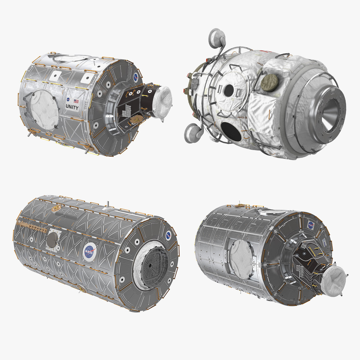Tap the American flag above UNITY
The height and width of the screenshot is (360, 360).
[x=76, y=101]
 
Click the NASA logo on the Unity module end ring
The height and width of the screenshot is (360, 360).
[x=136, y=78]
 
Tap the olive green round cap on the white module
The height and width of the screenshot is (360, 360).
[x=269, y=82]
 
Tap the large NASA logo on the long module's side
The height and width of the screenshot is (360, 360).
[x=90, y=252]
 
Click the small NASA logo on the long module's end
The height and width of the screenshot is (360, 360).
[x=168, y=235]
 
